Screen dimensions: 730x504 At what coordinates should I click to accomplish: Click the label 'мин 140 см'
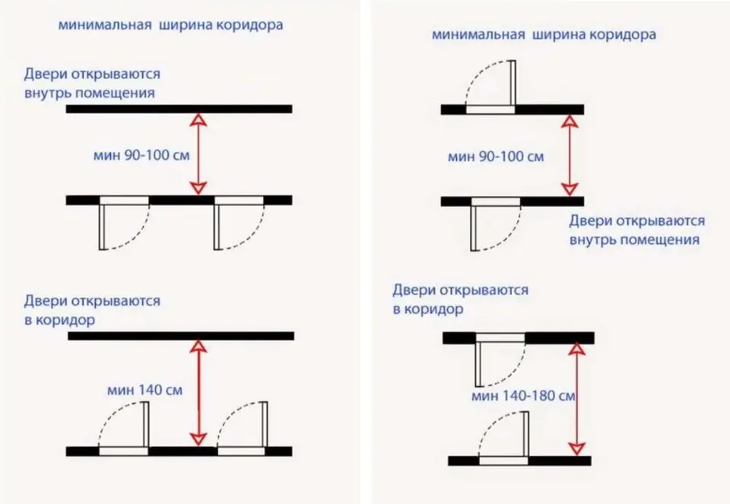click(144, 389)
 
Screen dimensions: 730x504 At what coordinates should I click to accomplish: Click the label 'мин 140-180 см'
click(523, 396)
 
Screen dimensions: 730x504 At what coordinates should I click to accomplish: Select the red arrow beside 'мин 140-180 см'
click(577, 399)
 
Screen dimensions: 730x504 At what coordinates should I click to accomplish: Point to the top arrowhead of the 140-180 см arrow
click(577, 349)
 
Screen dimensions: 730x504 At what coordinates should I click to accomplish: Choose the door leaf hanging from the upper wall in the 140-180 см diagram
click(478, 365)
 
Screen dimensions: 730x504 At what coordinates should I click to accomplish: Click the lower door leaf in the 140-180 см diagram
click(525, 434)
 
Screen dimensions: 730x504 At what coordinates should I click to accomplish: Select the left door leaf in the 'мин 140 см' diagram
click(146, 424)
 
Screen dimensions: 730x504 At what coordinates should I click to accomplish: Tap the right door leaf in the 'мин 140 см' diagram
click(265, 424)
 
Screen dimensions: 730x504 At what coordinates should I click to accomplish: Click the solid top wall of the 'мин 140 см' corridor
click(181, 336)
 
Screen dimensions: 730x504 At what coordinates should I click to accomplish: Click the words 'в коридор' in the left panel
click(59, 320)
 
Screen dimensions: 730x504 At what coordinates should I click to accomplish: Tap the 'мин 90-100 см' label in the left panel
click(141, 155)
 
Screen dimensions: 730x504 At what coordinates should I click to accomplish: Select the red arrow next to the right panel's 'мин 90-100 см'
click(570, 155)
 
